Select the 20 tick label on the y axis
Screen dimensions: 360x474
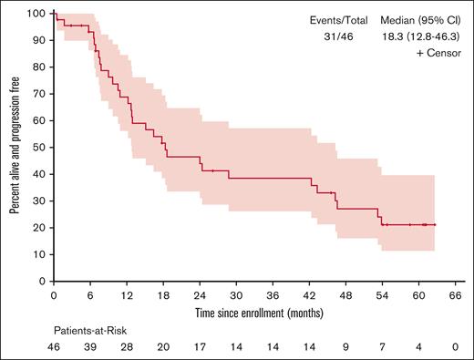click(41, 228)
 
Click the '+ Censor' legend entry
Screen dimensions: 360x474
click(438, 55)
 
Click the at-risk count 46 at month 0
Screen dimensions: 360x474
click(54, 347)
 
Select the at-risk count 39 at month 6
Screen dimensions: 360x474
click(90, 347)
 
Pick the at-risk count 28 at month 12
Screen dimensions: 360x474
click(127, 347)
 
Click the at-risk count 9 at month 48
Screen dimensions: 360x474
click(345, 347)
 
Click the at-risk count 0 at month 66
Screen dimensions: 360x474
click(455, 347)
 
